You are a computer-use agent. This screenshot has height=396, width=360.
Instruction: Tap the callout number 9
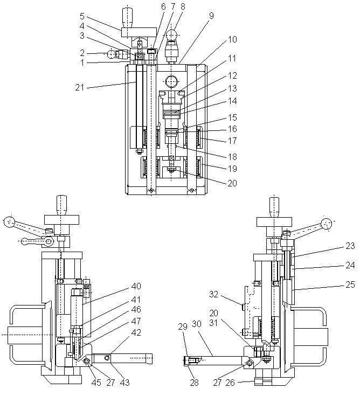click(x=211, y=16)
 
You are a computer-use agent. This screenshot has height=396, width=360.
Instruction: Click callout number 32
click(x=214, y=295)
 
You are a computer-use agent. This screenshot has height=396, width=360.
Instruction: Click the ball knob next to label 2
click(x=112, y=54)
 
